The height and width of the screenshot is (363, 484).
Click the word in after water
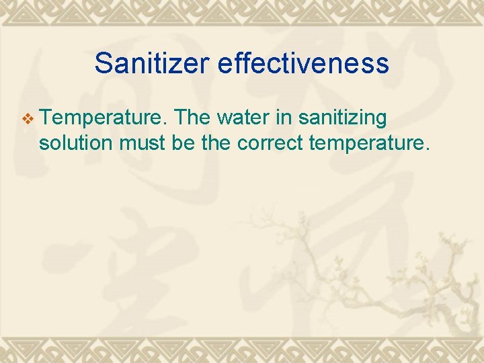284,118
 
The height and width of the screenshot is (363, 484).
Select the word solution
77,142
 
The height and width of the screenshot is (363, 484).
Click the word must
146,143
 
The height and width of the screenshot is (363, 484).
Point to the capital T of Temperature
46,118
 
